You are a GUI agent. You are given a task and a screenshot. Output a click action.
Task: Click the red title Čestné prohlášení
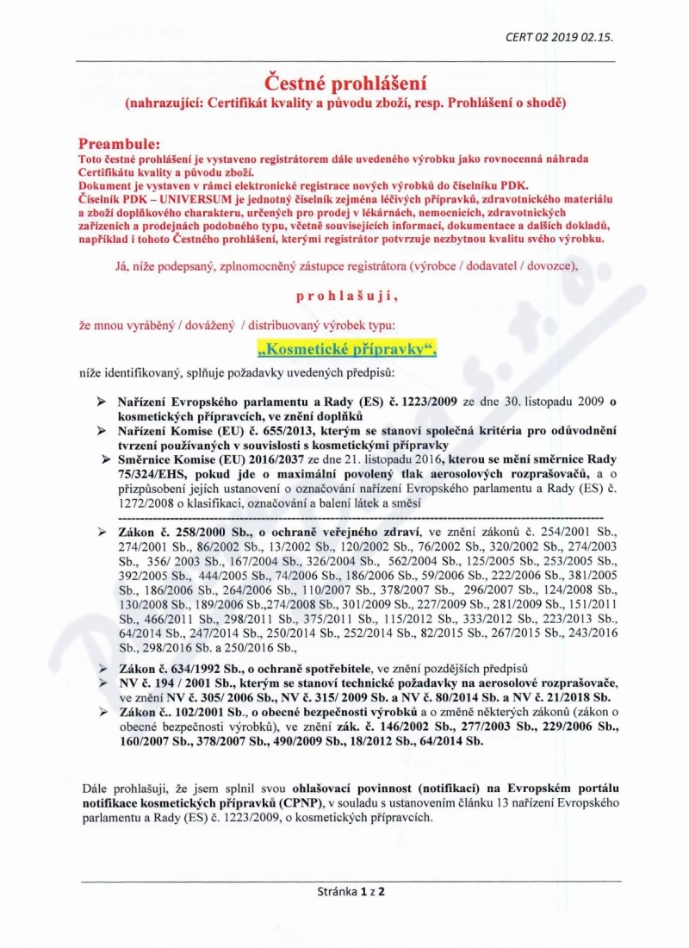point(344,84)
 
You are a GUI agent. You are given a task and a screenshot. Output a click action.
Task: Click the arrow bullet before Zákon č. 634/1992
point(102,669)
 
